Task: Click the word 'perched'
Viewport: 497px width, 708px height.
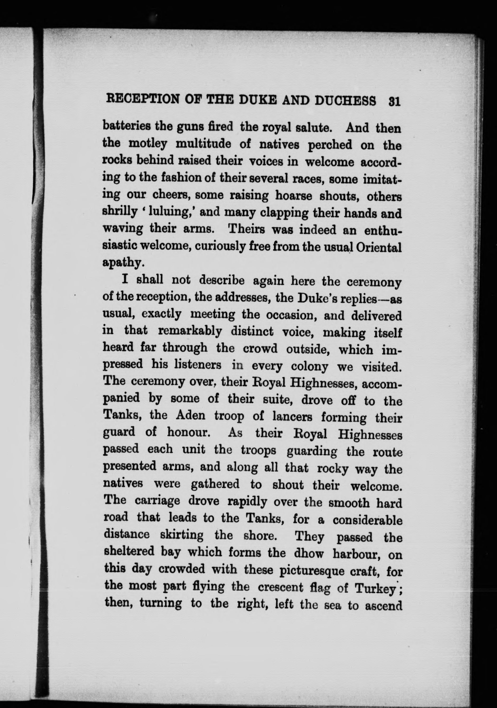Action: [x=330, y=145]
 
